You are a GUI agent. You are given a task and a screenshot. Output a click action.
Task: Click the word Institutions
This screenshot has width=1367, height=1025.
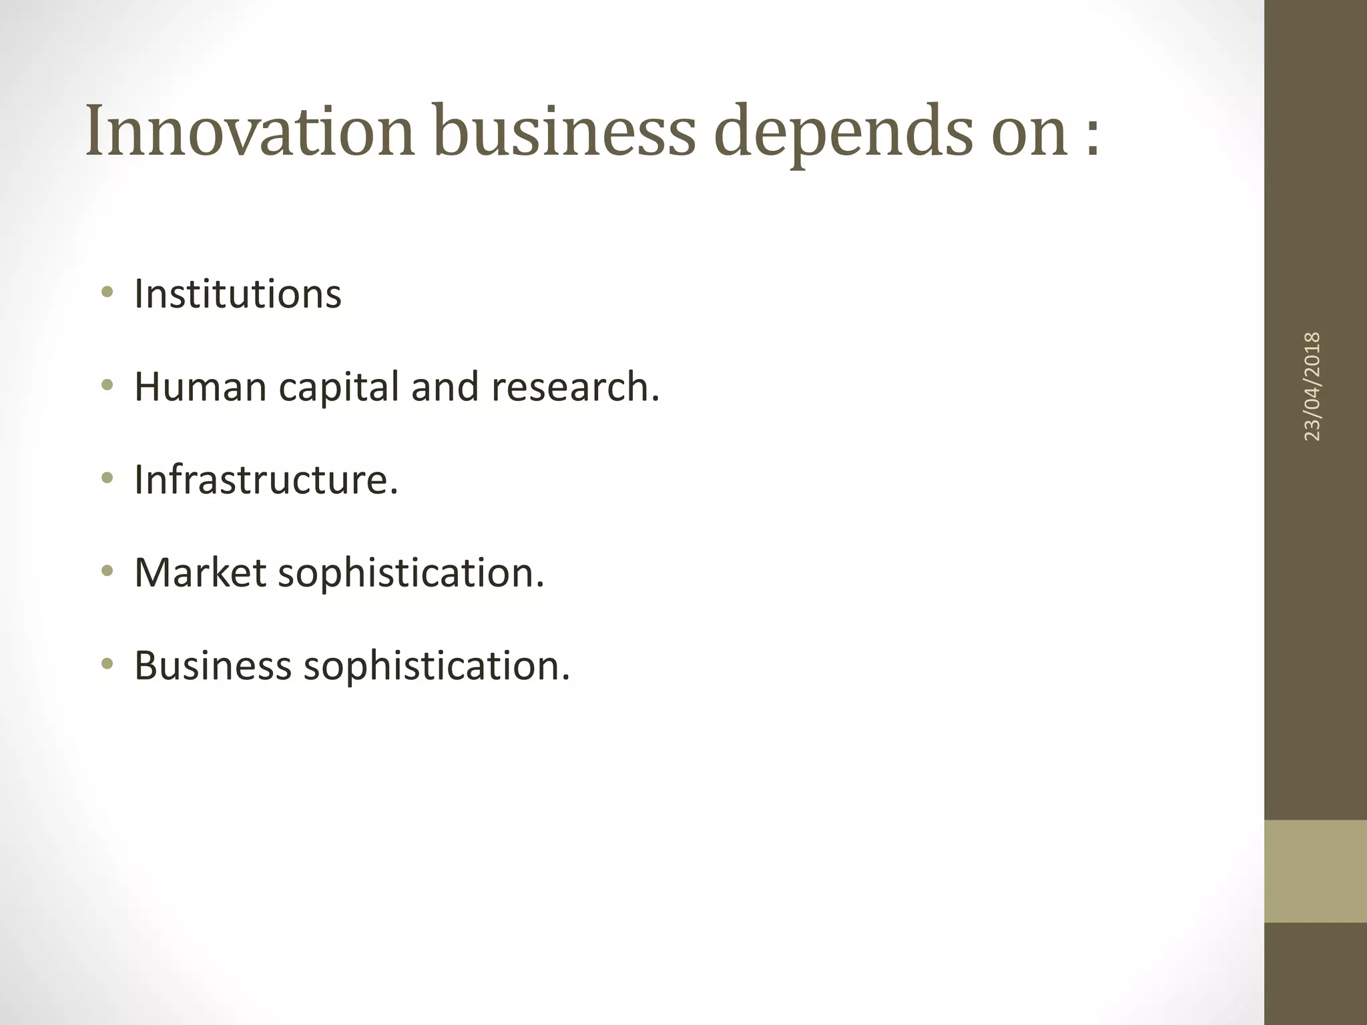tap(238, 294)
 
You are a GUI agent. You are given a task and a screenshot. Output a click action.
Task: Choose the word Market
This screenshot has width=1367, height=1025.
tap(200, 573)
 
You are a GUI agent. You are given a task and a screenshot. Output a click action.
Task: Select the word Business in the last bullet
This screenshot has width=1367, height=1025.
tap(213, 665)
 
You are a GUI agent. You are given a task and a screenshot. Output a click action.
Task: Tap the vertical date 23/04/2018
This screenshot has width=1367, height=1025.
tap(1312, 386)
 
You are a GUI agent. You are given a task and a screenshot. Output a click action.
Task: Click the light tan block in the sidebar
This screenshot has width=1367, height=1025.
tap(1315, 871)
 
